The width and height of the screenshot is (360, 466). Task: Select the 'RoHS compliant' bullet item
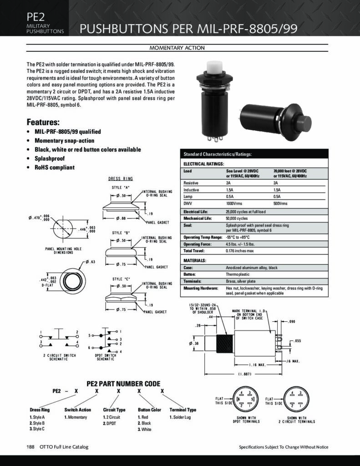pos(55,167)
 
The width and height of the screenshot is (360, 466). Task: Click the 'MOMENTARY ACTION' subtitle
pos(177,48)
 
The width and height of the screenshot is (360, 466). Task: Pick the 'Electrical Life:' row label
pos(195,212)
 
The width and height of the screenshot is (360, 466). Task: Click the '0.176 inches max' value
pos(240,251)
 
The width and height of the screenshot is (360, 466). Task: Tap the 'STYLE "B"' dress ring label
pos(121,233)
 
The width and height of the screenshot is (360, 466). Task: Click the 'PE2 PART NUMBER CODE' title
pos(123,384)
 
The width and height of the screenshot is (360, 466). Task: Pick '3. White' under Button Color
pos(144,429)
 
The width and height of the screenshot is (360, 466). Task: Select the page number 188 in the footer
pos(31,447)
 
